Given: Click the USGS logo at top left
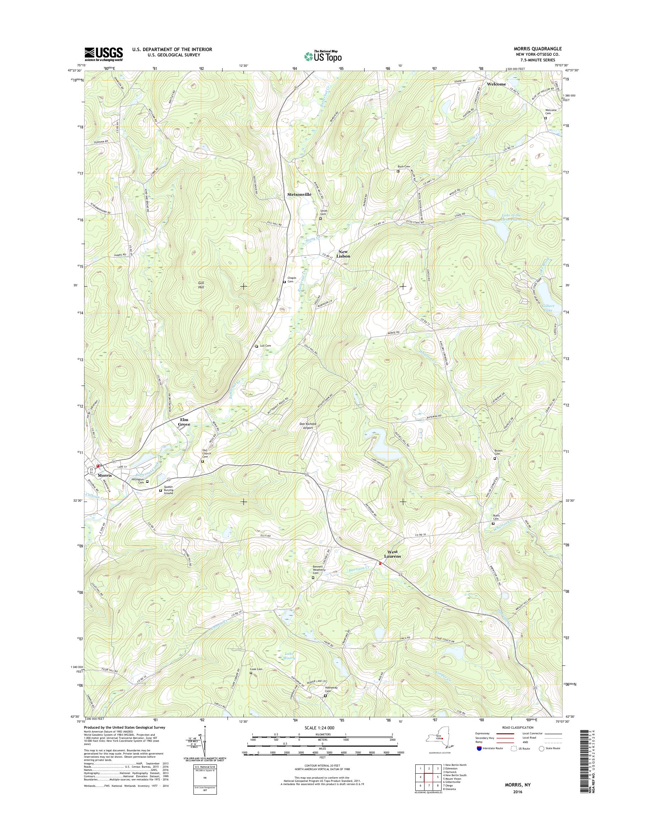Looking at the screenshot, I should click(104, 53).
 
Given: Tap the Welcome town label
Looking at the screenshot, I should click(496, 84).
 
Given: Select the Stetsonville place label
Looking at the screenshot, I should click(299, 194).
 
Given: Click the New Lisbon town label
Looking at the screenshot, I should click(344, 254).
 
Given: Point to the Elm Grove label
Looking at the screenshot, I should click(184, 422).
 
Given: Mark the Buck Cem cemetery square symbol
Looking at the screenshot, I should click(398, 171).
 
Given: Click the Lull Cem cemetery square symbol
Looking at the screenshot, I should click(257, 346).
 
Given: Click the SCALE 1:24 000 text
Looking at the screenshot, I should click(319, 727).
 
